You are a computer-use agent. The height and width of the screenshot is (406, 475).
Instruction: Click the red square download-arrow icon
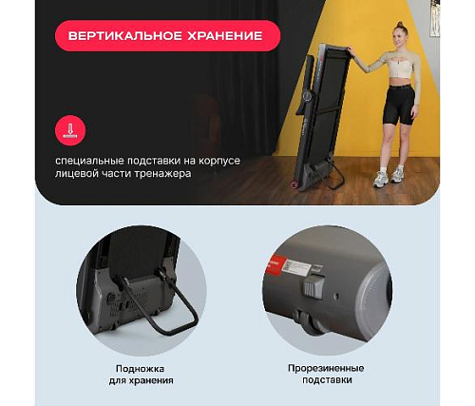point(67,129)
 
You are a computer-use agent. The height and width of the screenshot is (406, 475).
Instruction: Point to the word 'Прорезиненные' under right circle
point(326,368)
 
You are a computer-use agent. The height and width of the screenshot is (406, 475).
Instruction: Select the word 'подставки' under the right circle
point(326,380)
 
